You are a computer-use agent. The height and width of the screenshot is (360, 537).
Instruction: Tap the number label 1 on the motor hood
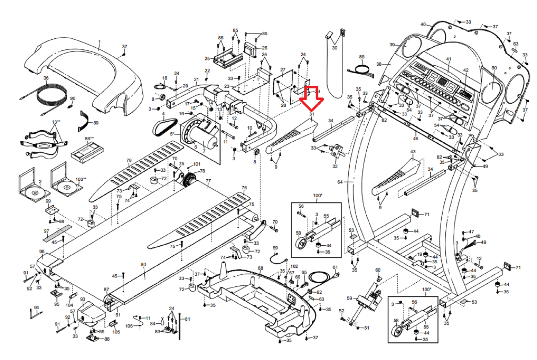[99, 42]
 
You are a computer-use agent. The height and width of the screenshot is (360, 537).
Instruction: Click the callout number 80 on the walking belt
[143, 265]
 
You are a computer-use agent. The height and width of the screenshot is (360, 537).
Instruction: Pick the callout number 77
[208, 181]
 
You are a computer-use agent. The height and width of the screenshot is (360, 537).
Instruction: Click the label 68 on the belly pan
[260, 268]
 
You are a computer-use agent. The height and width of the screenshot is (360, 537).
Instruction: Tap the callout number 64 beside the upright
[340, 182]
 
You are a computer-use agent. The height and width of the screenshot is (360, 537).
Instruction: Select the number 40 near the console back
[423, 24]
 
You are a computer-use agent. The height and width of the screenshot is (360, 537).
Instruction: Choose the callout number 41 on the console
[449, 59]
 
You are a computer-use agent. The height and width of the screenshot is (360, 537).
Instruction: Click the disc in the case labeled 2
[35, 193]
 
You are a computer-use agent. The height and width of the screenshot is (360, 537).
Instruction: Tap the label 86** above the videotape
[89, 138]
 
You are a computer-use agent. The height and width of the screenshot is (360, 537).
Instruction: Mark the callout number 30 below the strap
[335, 48]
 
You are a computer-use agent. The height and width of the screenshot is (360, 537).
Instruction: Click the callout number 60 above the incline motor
[378, 270]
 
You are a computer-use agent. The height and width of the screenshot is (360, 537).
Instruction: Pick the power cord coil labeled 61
[321, 278]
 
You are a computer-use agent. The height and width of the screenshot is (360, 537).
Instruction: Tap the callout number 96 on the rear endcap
[42, 252]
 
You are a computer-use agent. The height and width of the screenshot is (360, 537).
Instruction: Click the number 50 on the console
[494, 68]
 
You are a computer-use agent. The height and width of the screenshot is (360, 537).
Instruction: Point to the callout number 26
[264, 48]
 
